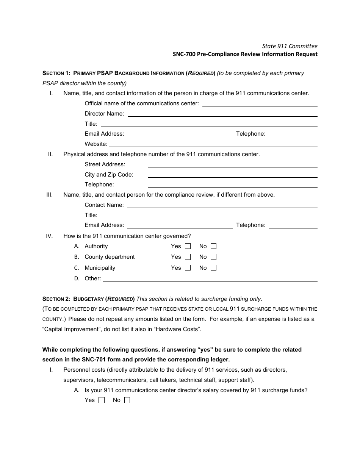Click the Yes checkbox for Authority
coord(188,246)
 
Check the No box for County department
coord(213,257)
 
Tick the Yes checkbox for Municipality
coord(188,268)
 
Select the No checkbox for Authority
coord(213,246)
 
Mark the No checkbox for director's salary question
coord(127,400)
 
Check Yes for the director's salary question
coord(101,400)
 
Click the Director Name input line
coord(222,114)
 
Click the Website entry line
coord(213,144)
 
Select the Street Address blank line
coord(232,164)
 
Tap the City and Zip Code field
coord(232,175)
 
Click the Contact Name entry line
coord(222,205)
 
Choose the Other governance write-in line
coord(210,278)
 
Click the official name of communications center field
coord(260,103)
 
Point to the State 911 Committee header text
coord(290,46)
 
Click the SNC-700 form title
coord(245,54)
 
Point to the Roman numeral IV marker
coord(49,236)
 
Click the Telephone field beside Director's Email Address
coord(293,134)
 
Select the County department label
coord(110,257)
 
